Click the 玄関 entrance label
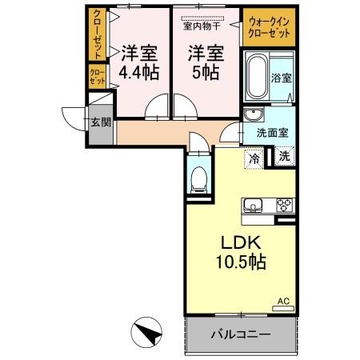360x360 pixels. [100, 122]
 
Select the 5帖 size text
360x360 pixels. [206, 72]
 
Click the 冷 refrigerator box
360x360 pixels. [254, 158]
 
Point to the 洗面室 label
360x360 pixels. [271, 134]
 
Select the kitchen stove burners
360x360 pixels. [284, 204]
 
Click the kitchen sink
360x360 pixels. [254, 205]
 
